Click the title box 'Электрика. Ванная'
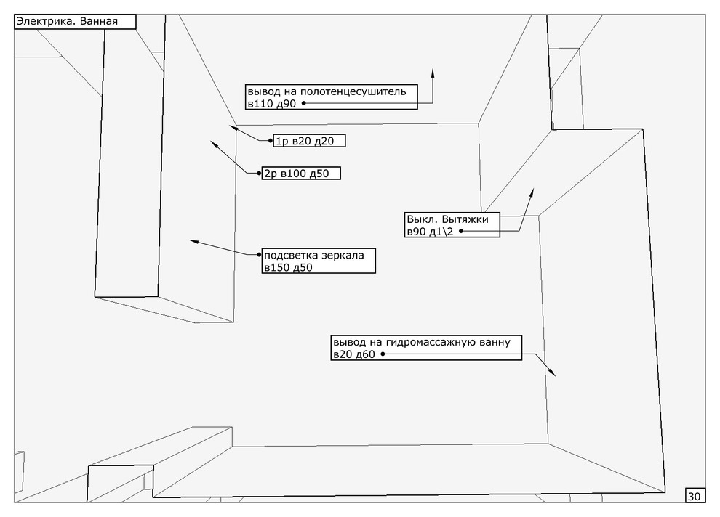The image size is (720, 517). pos(75,23)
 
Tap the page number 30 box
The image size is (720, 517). pos(694,496)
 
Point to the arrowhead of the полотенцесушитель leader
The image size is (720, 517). pos(433,71)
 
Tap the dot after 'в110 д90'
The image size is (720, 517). pos(303,104)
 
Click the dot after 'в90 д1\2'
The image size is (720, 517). pos(461,231)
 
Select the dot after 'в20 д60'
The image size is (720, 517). pos(383,354)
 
